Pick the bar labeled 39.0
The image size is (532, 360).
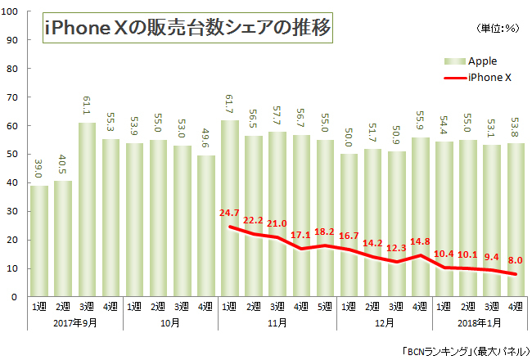[x=39, y=241]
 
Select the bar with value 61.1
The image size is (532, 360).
[x=88, y=209]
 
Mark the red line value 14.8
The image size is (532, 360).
[x=421, y=241]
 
